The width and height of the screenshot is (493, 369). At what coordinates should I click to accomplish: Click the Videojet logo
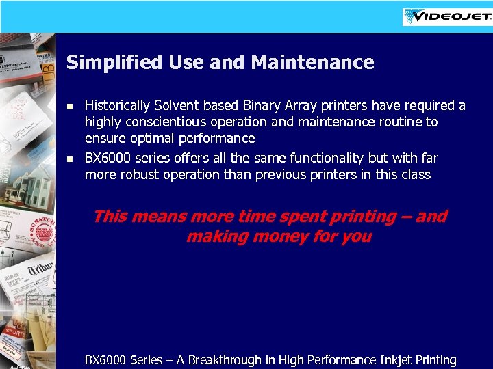click(446, 16)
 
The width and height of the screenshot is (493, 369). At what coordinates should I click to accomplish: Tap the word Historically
click(117, 106)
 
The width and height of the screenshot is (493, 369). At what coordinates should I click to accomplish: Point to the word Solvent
click(175, 106)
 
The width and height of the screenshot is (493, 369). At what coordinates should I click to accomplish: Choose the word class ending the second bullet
click(414, 174)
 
